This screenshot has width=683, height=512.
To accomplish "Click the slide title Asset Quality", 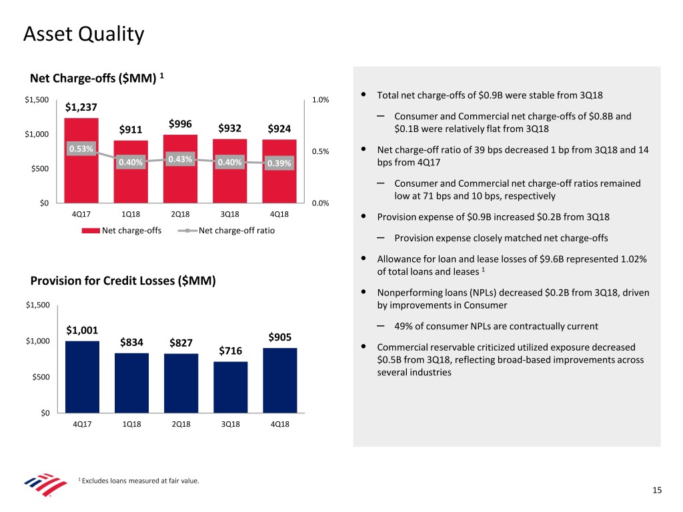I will pos(83,33).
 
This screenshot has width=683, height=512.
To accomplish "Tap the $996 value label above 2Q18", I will pos(180,124).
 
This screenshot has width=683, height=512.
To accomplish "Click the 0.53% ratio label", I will pos(81,148).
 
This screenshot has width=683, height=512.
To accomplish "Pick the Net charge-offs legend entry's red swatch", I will pos(91,231).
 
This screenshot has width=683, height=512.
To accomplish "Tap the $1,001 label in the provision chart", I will pos(82,330).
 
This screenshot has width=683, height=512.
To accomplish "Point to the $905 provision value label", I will pos(279,337).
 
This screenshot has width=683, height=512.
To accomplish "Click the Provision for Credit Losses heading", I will pos(123,281).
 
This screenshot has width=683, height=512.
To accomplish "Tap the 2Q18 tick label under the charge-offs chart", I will pos(180,214).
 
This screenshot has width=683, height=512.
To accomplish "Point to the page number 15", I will pos(657,491).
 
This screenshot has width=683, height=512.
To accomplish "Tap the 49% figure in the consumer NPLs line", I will pos(404,326).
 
